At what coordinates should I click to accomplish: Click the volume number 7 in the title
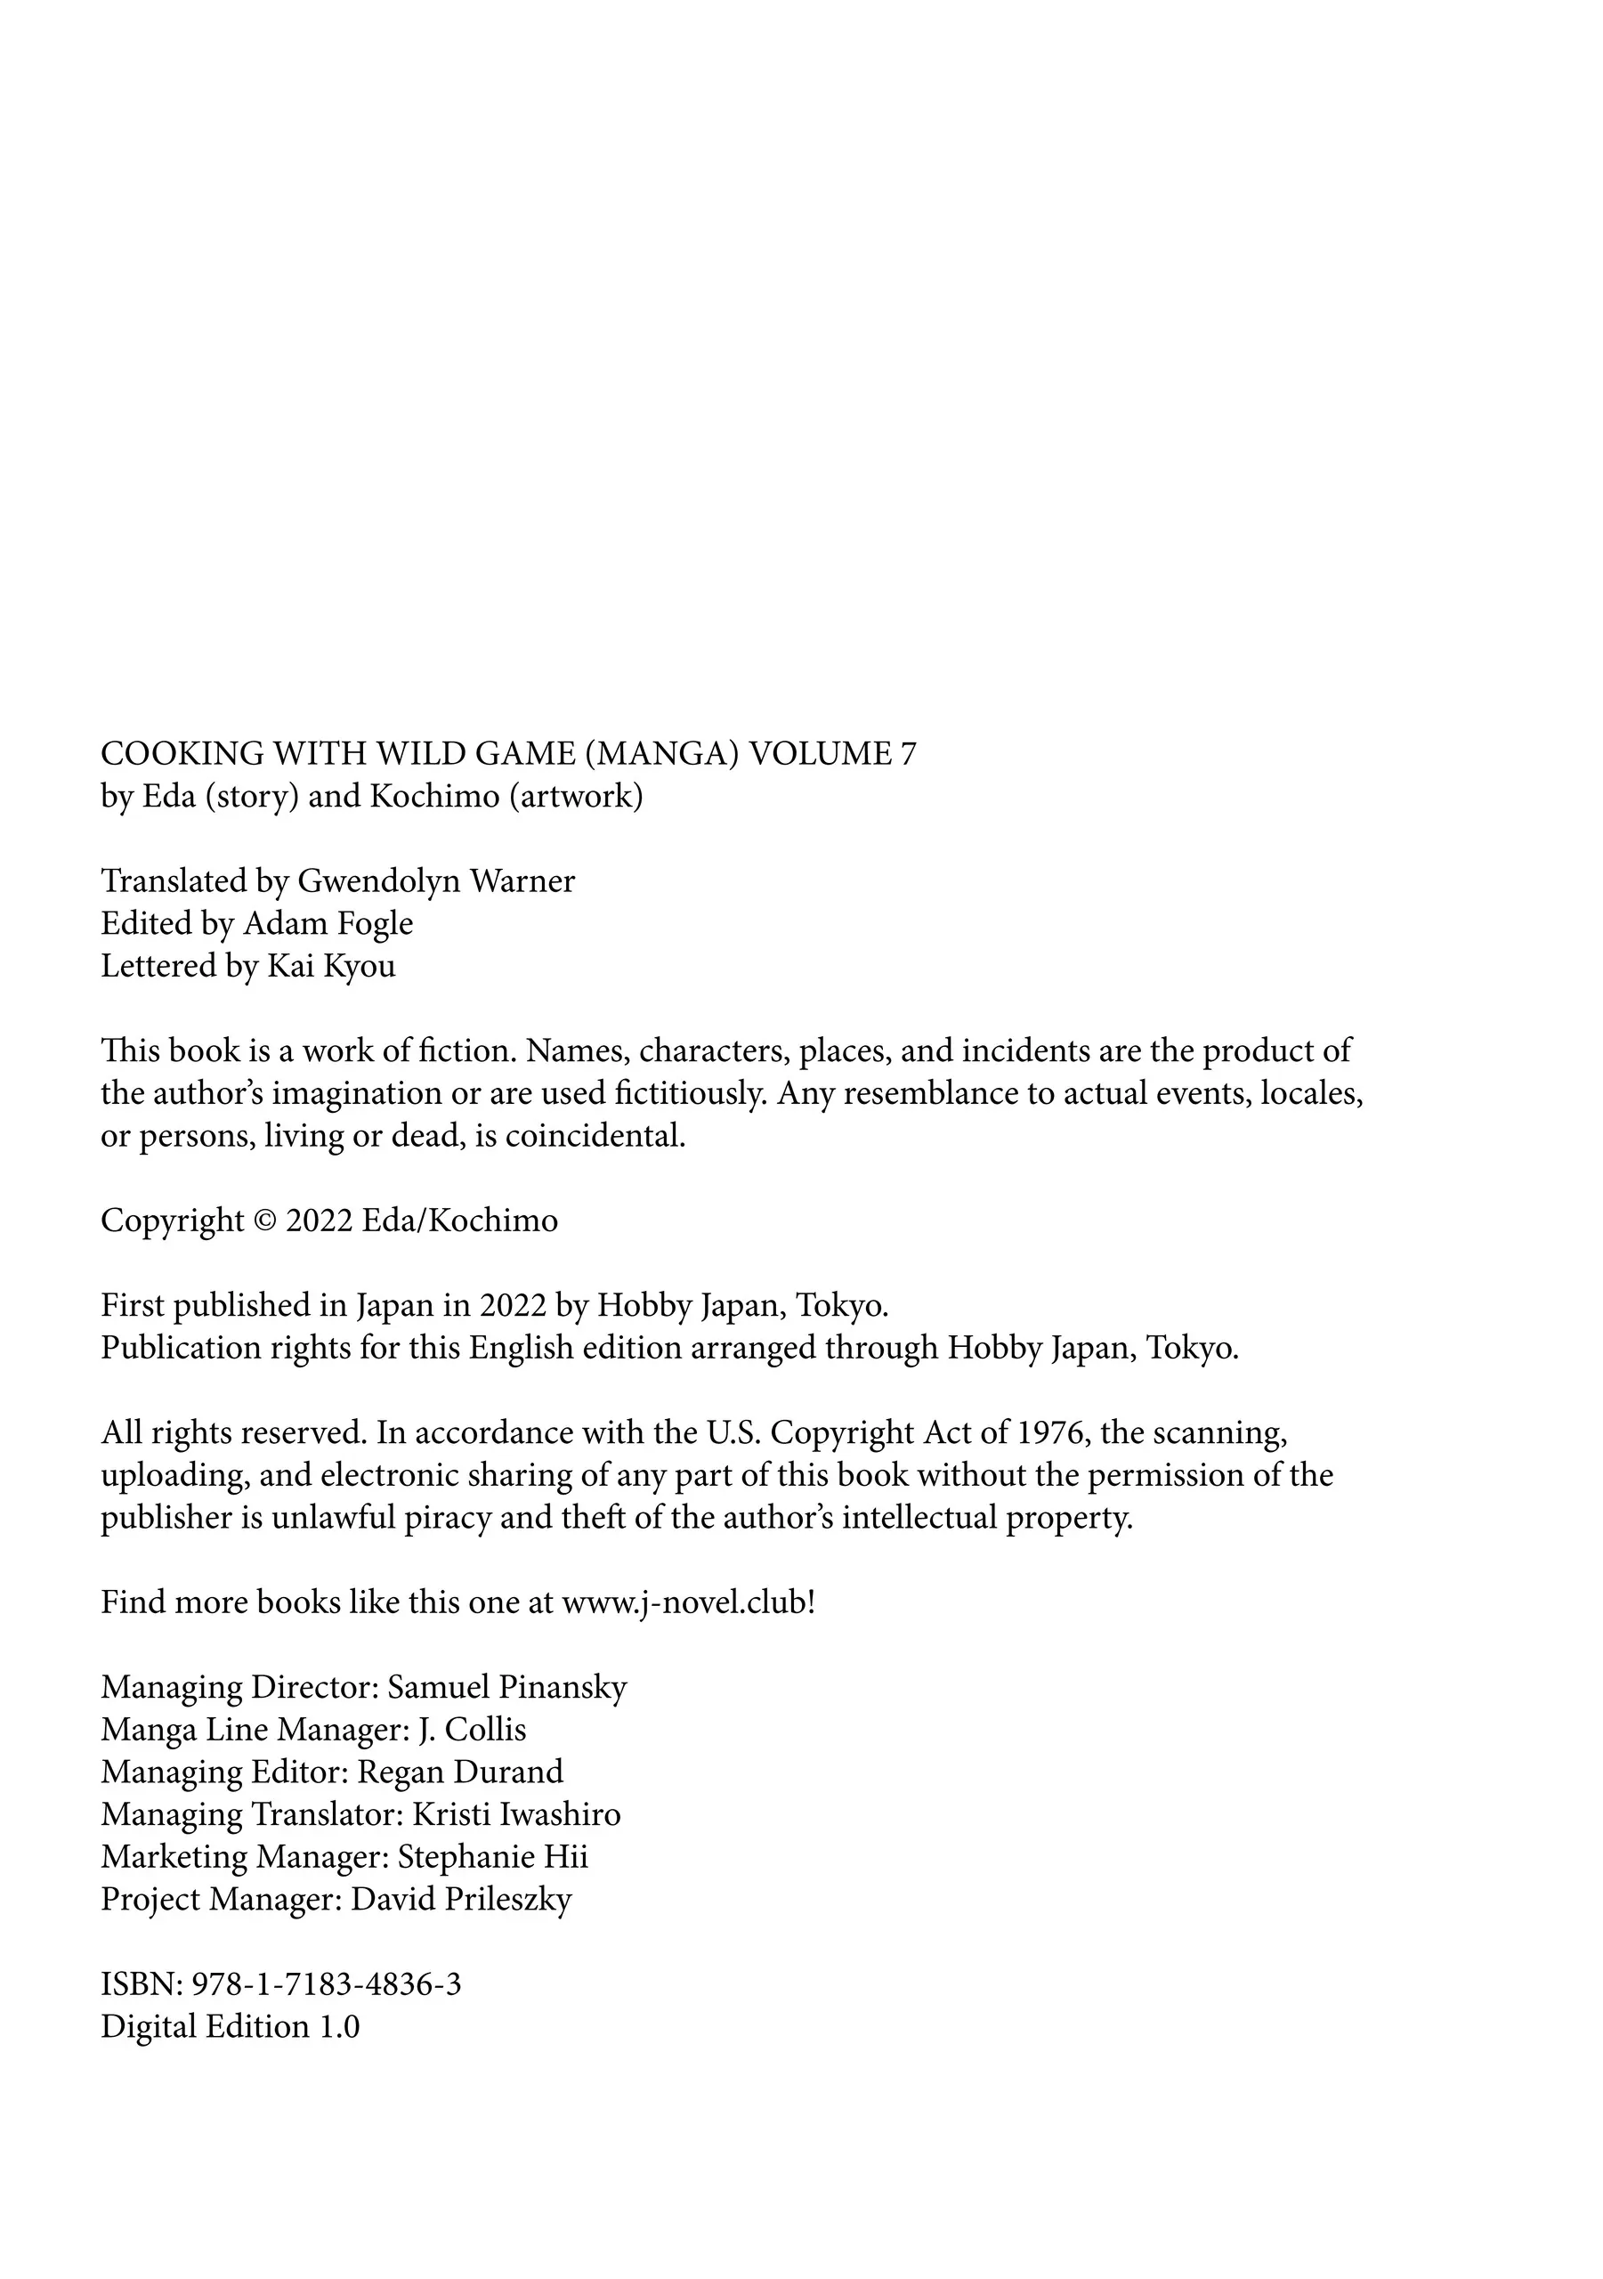point(908,754)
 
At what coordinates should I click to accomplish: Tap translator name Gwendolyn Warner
point(436,881)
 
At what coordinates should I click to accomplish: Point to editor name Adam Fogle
point(328,923)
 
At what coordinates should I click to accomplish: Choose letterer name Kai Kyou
point(330,966)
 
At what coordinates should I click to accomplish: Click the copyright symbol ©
point(265,1221)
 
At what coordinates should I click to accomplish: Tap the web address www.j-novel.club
point(684,1603)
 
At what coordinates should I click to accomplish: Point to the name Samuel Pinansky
point(506,1687)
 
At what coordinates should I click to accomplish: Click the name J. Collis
point(472,1730)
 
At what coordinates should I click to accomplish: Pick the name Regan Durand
point(459,1772)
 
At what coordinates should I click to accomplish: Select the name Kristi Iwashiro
point(516,1814)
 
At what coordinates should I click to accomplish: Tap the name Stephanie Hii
point(492,1857)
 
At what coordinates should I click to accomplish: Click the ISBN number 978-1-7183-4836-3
point(326,1984)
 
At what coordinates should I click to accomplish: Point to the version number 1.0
point(338,2027)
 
